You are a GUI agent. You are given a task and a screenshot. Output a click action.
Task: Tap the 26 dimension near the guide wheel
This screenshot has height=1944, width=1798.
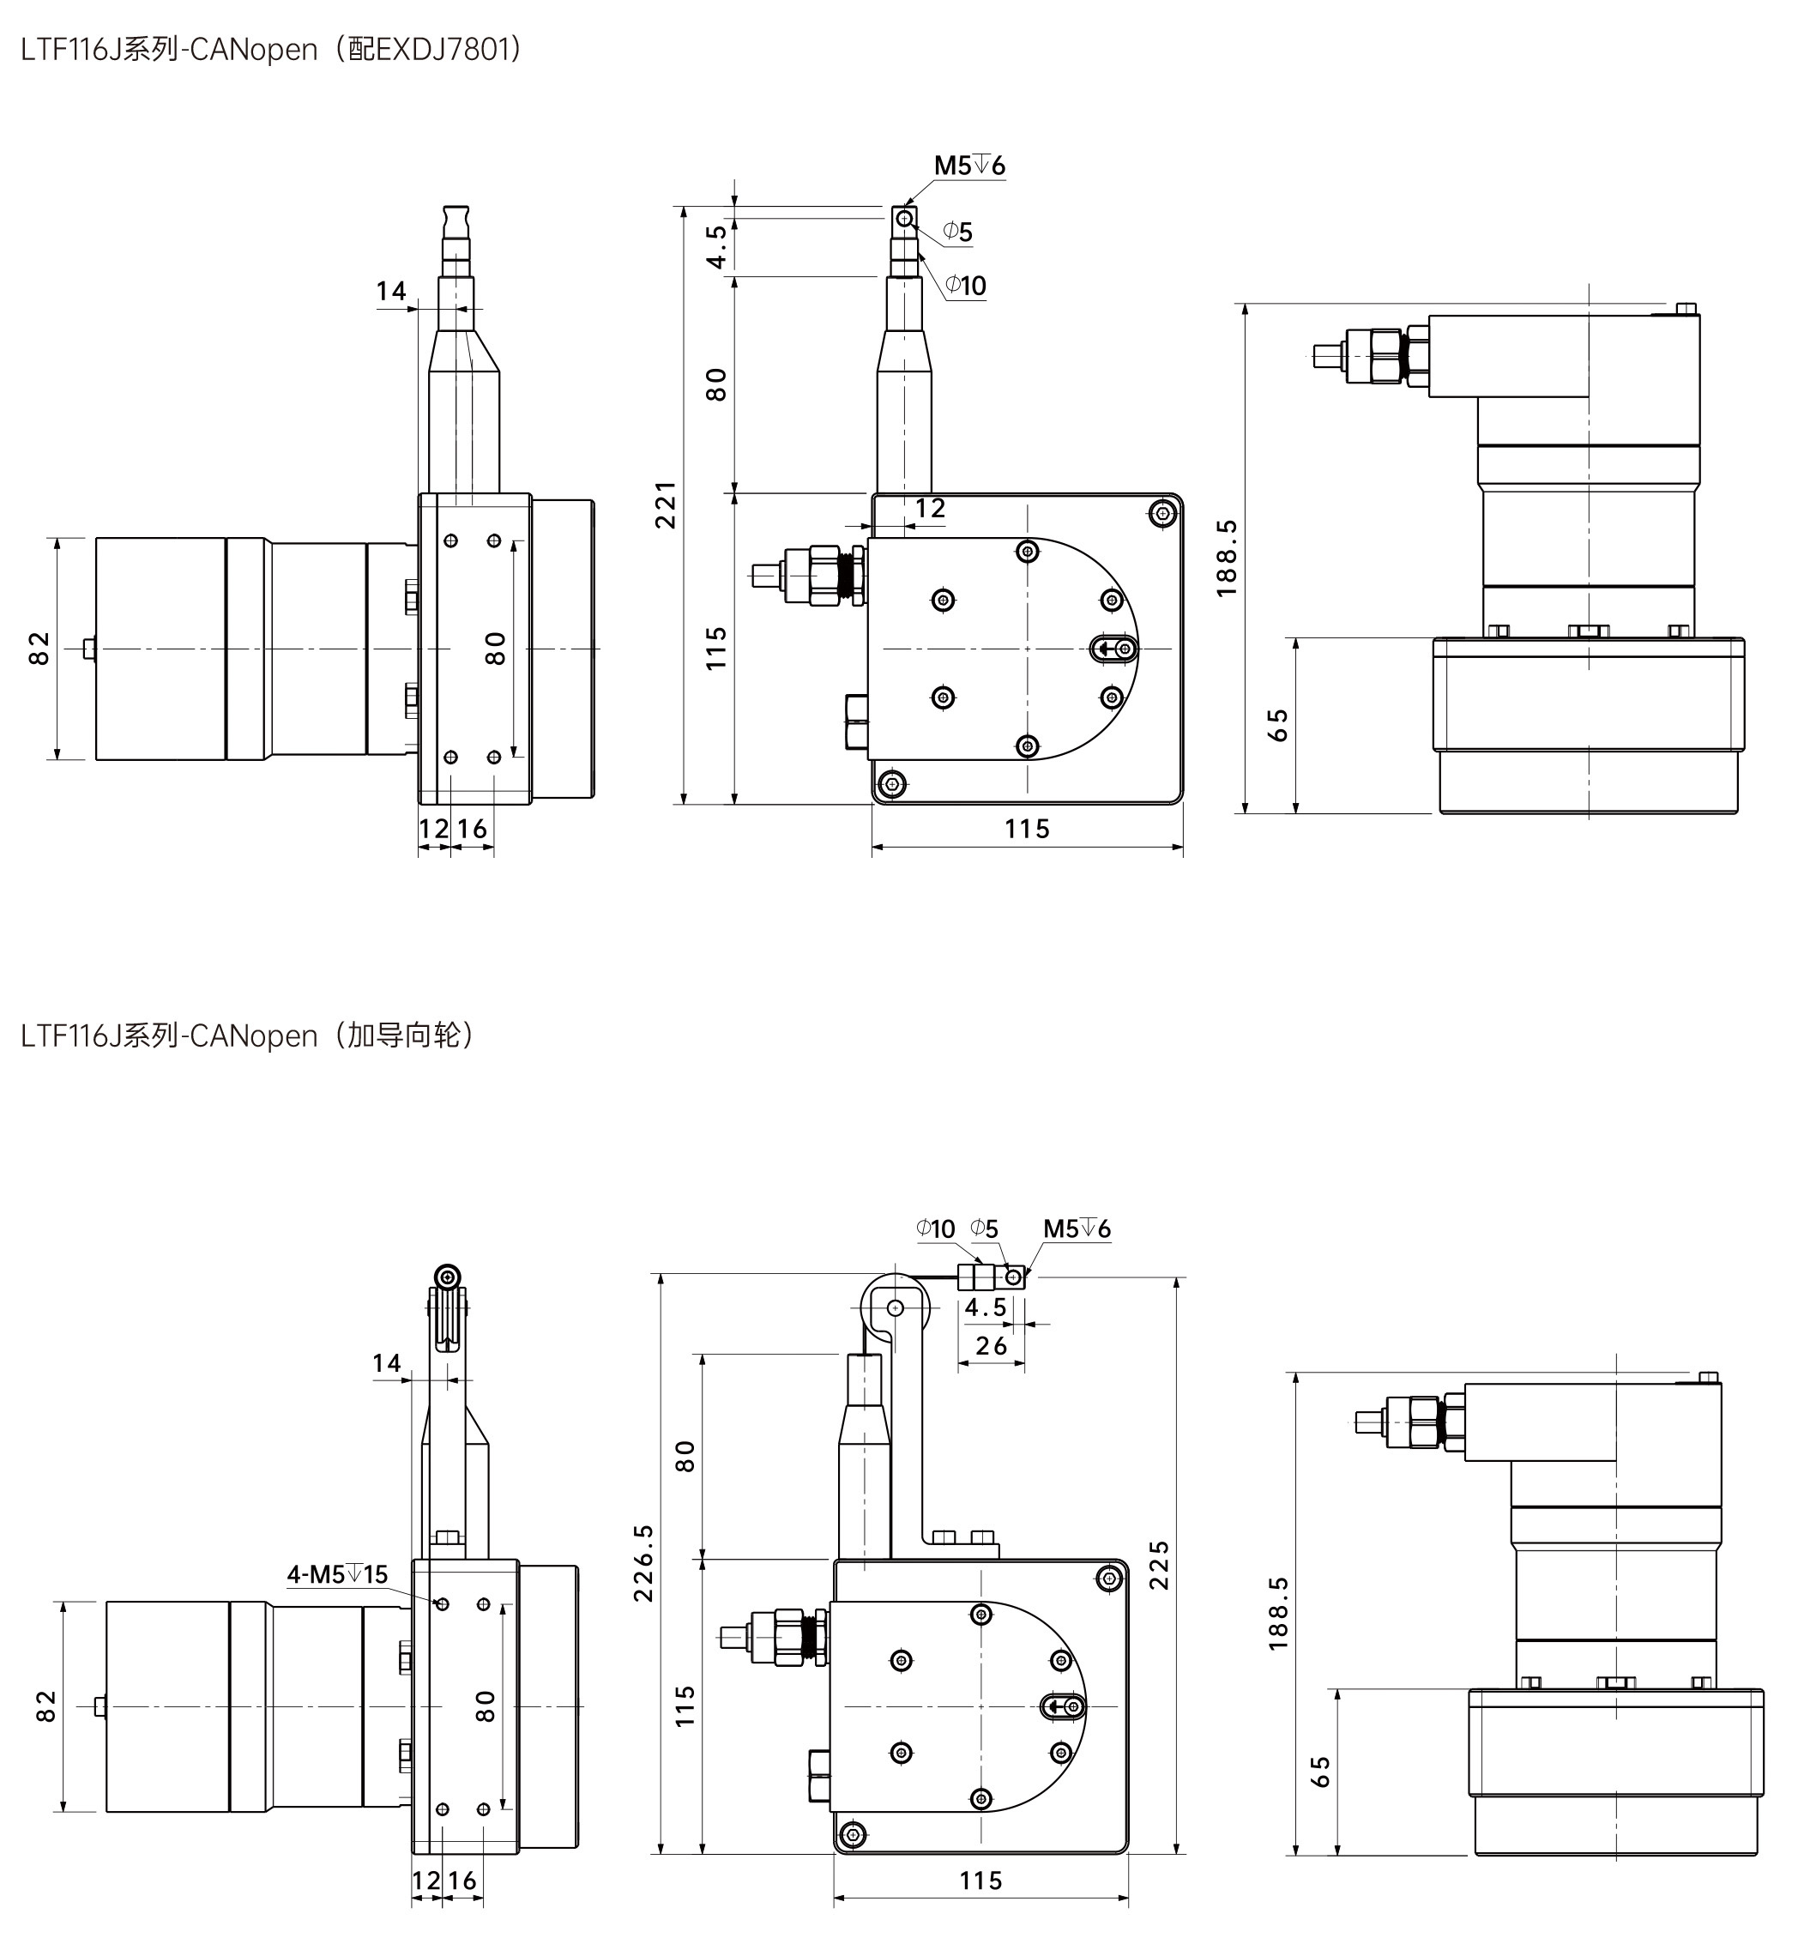click(991, 1346)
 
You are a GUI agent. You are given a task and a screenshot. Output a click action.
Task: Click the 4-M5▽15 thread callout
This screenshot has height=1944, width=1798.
click(336, 1574)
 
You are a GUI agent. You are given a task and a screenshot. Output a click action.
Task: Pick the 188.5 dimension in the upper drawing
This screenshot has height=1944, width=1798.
click(1226, 558)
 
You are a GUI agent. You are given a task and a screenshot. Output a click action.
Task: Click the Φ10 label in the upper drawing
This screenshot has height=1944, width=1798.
click(965, 286)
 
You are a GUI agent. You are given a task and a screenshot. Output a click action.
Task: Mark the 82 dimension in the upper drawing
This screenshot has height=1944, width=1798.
click(39, 648)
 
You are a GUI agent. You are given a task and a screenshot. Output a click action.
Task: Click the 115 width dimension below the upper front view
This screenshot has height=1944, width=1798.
click(1027, 829)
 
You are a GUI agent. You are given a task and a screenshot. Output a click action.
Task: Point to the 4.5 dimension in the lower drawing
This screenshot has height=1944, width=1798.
click(986, 1307)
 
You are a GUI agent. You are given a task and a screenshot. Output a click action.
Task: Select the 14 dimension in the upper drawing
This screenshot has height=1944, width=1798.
click(391, 291)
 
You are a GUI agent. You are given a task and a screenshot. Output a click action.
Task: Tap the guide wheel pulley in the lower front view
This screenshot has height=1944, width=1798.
click(895, 1307)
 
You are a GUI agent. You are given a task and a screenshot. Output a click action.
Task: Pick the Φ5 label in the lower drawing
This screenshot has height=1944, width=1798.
click(985, 1229)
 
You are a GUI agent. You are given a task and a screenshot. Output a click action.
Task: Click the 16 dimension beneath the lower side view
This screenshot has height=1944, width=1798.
click(462, 1881)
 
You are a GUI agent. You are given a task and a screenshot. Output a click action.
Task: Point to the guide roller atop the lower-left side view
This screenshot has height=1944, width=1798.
click(448, 1277)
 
